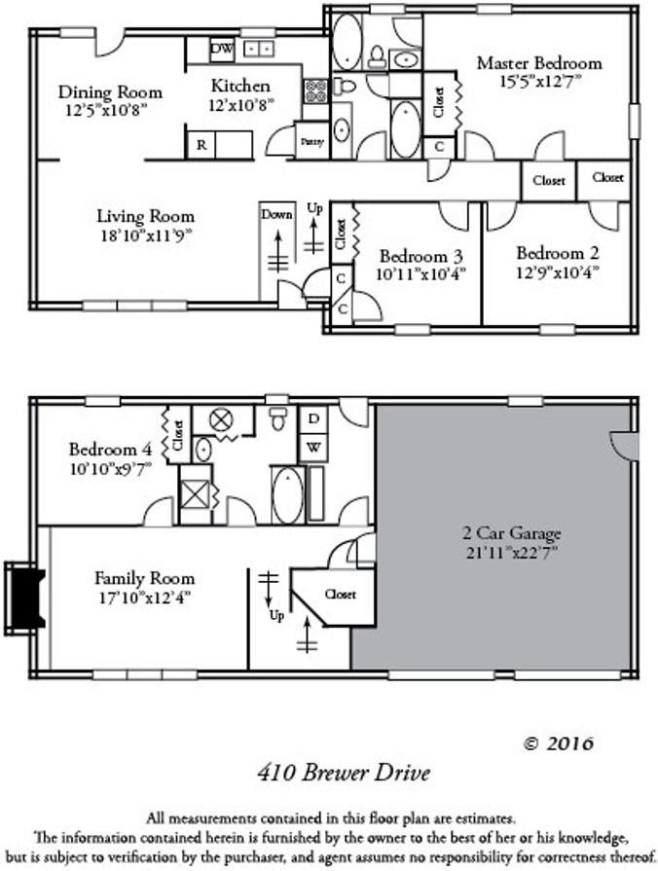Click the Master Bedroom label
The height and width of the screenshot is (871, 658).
(x=538, y=63)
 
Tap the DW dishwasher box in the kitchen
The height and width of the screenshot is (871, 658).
(x=222, y=48)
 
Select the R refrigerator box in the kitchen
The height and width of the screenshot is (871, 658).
(x=201, y=145)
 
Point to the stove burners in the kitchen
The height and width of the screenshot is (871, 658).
(x=316, y=91)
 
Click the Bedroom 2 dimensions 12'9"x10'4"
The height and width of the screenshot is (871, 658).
(x=557, y=273)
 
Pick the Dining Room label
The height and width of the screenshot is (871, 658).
(x=110, y=92)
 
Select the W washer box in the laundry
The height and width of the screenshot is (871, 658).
(x=312, y=448)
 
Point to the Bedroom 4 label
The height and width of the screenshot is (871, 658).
(x=109, y=450)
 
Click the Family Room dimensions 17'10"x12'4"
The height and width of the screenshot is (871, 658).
(x=144, y=596)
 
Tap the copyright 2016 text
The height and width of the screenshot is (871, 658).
(x=558, y=744)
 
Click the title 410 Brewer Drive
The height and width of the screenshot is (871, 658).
(x=344, y=774)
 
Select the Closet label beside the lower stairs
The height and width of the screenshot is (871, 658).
(x=340, y=594)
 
